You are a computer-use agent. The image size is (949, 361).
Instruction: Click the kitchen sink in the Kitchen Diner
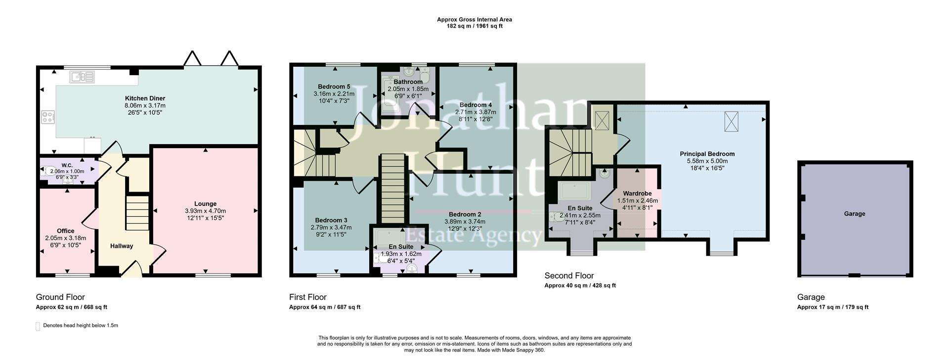tap(82, 77)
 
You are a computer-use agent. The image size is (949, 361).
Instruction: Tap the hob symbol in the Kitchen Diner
tap(48, 118)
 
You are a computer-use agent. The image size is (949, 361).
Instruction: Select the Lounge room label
tap(205, 203)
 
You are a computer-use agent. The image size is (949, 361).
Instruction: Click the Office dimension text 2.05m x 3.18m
tap(65, 238)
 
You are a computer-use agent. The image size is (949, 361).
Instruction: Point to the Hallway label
tap(121, 246)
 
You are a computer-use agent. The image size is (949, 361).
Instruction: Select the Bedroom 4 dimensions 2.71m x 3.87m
tap(475, 112)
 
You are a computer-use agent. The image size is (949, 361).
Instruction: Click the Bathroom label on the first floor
tap(408, 82)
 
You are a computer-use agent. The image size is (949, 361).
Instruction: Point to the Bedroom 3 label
tap(331, 220)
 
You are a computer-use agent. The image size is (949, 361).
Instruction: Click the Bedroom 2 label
tap(465, 214)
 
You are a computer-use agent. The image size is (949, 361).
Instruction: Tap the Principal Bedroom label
tap(707, 154)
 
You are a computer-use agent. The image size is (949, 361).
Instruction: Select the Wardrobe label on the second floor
tap(637, 194)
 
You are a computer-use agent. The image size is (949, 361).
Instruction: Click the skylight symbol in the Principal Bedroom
tap(731, 121)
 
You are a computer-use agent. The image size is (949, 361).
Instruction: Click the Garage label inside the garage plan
tap(854, 214)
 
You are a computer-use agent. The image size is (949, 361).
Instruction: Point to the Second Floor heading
tap(569, 276)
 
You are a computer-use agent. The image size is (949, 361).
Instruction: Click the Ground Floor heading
tap(60, 297)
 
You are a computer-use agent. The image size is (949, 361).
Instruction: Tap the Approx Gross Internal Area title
tap(474, 20)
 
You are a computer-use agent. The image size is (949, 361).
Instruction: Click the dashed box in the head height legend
tap(38, 326)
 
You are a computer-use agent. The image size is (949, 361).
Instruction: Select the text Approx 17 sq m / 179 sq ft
tap(832, 307)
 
